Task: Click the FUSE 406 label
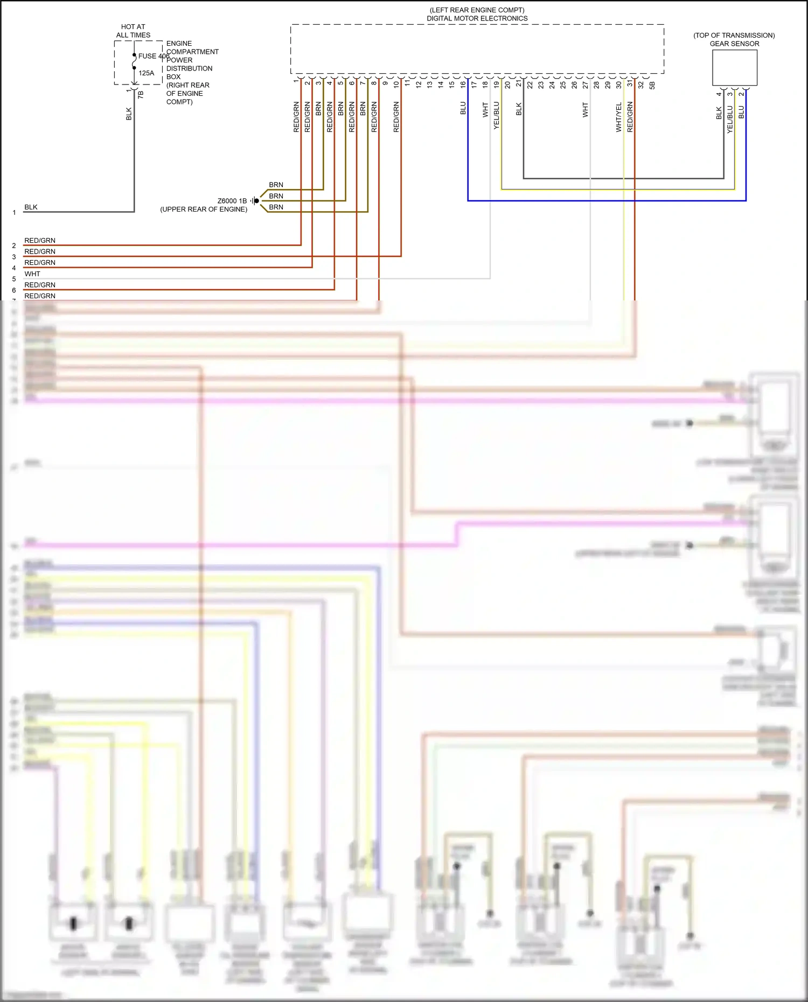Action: tap(154, 56)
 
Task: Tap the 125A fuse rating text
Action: tap(146, 73)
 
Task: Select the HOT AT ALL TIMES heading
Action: tap(133, 31)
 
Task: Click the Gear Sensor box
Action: tap(734, 68)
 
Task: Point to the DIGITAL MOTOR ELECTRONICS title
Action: tap(477, 18)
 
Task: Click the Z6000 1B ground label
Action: tap(232, 201)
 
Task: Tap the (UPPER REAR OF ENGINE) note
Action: tap(204, 209)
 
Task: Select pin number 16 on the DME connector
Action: tap(463, 84)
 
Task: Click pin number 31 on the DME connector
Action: tap(630, 84)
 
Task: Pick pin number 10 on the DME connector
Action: tap(396, 84)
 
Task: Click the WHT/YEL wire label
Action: tap(619, 117)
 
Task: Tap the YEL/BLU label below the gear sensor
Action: tap(730, 120)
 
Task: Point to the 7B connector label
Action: tap(141, 94)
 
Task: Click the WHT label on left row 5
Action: tap(32, 274)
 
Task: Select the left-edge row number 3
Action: tap(14, 257)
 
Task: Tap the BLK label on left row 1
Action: tap(31, 207)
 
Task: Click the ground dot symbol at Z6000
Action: tap(256, 201)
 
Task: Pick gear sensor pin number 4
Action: tap(719, 94)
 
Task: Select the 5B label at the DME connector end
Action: tap(652, 85)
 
